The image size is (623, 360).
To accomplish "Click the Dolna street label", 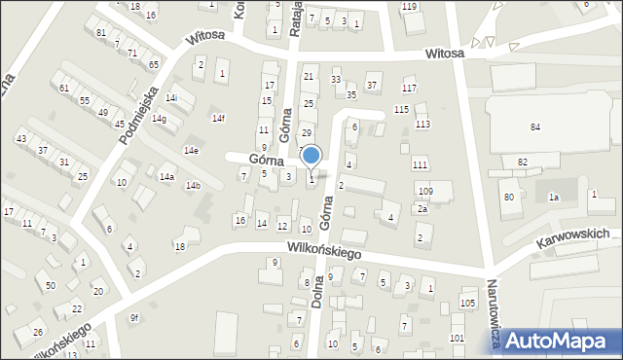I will pos(317,291).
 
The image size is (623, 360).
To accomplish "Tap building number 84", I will pos(534,127).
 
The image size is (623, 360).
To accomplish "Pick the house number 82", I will pos(523,162).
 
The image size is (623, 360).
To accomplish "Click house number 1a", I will pos(553,198).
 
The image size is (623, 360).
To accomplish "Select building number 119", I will pos(409,7).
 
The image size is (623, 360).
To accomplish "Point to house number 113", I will pos(422,125).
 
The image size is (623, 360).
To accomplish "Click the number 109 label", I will pos(424,191).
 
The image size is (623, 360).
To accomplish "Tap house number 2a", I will pos(421,209).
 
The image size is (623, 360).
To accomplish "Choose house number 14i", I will pos(171,98).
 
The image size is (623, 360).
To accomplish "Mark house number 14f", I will pos(218,119).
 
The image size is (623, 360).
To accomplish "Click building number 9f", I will pos(135,318).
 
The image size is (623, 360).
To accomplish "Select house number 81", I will pos(101,33).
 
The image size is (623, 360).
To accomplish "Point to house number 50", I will pos(51,286).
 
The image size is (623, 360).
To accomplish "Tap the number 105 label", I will pos(467,304).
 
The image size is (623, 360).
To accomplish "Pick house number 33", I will pos(336,80).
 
